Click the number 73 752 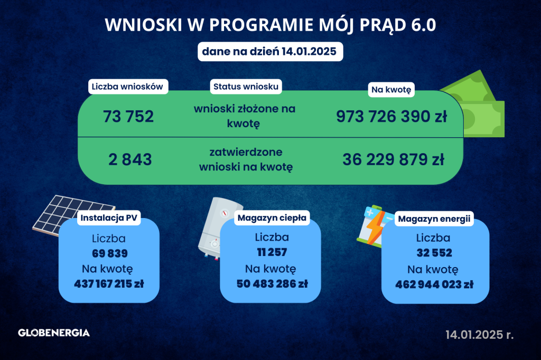click(x=128, y=117)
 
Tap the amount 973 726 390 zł click(x=391, y=117)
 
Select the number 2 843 click(x=130, y=159)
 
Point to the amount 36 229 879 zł click(x=393, y=159)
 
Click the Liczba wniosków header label click(x=127, y=87)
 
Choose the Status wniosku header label click(x=246, y=87)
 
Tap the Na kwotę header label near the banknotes click(x=391, y=90)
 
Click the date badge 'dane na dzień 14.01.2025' click(x=270, y=52)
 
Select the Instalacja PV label click(x=109, y=218)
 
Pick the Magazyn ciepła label click(x=272, y=218)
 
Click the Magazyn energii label click(x=434, y=219)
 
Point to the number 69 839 click(x=110, y=253)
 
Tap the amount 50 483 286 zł click(x=272, y=284)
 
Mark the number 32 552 click(x=434, y=253)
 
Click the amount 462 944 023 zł click(x=434, y=285)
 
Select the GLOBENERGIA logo click(x=54, y=333)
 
